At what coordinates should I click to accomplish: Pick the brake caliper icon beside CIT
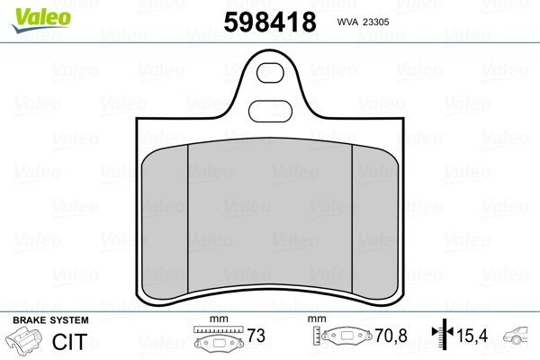coord(24,343)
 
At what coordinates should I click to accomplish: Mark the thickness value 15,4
coord(473,337)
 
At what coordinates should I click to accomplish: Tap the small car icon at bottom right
coord(520,337)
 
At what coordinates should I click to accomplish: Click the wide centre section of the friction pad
coord(269,216)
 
